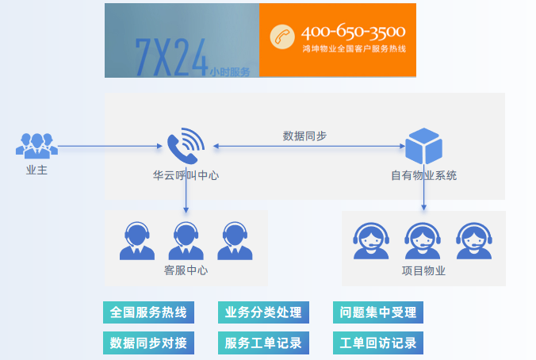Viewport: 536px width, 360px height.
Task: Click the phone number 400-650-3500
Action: pyautogui.click(x=353, y=32)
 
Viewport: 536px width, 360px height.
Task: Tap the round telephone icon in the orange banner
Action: pyautogui.click(x=282, y=36)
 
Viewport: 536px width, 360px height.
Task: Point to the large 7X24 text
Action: pyautogui.click(x=171, y=57)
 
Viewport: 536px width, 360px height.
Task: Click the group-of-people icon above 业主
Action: pyautogui.click(x=37, y=146)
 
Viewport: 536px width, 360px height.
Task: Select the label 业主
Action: pyautogui.click(x=37, y=170)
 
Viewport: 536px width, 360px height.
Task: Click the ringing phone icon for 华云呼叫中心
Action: pyautogui.click(x=186, y=146)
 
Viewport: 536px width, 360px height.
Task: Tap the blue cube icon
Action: pyautogui.click(x=424, y=146)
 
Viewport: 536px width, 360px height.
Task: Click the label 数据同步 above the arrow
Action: pyautogui.click(x=304, y=136)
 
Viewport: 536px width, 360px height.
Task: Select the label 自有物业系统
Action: pyautogui.click(x=424, y=175)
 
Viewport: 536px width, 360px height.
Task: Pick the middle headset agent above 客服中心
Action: pyautogui.click(x=186, y=241)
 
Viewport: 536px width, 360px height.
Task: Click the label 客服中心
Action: pyautogui.click(x=186, y=270)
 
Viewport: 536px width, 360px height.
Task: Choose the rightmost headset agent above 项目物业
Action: pyautogui.click(x=474, y=241)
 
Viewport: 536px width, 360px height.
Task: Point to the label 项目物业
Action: pyautogui.click(x=424, y=270)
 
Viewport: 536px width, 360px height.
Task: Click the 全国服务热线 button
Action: pyautogui.click(x=149, y=312)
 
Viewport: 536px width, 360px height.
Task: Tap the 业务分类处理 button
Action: pyautogui.click(x=263, y=312)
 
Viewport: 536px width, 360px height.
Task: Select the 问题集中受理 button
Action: pyautogui.click(x=378, y=312)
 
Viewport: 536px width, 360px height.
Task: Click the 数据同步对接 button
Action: pyautogui.click(x=149, y=343)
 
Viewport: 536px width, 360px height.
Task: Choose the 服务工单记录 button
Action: pyautogui.click(x=263, y=343)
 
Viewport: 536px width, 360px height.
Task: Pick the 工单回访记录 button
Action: pyautogui.click(x=378, y=343)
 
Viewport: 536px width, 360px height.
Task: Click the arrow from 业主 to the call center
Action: pyautogui.click(x=110, y=147)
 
